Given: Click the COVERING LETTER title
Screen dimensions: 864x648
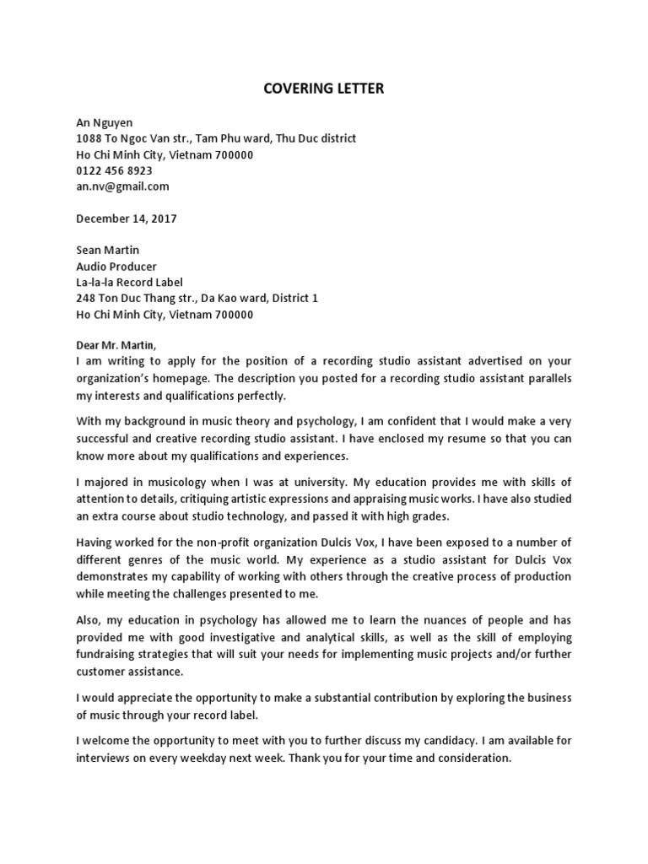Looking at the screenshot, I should (x=324, y=89).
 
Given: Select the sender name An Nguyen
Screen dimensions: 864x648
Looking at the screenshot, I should (x=105, y=122).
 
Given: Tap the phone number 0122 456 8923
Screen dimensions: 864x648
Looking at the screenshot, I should (x=114, y=170).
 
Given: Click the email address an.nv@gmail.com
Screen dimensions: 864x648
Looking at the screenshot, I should (x=122, y=186).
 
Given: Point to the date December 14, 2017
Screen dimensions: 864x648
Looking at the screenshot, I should (x=127, y=219).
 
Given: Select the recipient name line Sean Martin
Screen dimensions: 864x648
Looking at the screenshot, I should (x=107, y=251).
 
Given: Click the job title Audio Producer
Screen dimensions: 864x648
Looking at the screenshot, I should (x=116, y=267).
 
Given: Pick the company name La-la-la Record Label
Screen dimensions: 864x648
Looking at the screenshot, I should (x=129, y=283).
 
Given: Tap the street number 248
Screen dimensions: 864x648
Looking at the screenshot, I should (x=86, y=299).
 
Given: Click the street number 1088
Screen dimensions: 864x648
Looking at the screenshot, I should (x=89, y=138).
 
